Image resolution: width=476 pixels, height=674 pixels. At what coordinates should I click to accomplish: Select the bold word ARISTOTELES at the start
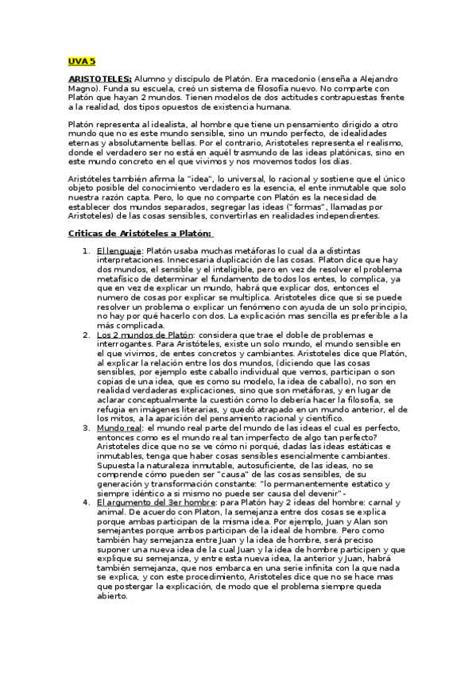click(99, 79)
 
